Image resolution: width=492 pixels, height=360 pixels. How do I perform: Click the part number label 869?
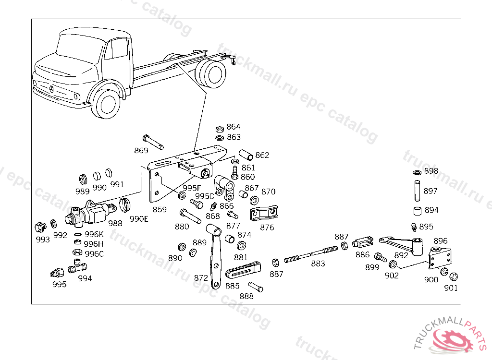pyautogui.click(x=141, y=151)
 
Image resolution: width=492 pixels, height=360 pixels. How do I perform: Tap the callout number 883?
pyautogui.click(x=318, y=264)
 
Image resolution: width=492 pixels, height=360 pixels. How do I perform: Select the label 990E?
pyautogui.click(x=139, y=219)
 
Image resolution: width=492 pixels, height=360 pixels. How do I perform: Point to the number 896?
pyautogui.click(x=440, y=241)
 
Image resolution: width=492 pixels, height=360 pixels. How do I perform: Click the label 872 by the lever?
pyautogui.click(x=201, y=278)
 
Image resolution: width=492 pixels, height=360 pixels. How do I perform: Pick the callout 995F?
pyautogui.click(x=192, y=188)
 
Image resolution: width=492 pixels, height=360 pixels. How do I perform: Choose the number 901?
pyautogui.click(x=451, y=288)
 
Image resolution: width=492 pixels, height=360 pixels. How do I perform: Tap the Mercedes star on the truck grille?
pyautogui.click(x=50, y=89)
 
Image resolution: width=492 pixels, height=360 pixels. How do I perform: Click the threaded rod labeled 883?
pyautogui.click(x=312, y=254)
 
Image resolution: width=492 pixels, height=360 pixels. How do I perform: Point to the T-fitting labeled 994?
pyautogui.click(x=77, y=266)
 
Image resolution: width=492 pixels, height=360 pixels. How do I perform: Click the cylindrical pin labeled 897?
pyautogui.click(x=417, y=190)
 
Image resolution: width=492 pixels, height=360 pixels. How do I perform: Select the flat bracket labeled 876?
pyautogui.click(x=264, y=214)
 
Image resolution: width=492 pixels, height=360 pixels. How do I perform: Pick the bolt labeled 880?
pyautogui.click(x=189, y=216)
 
